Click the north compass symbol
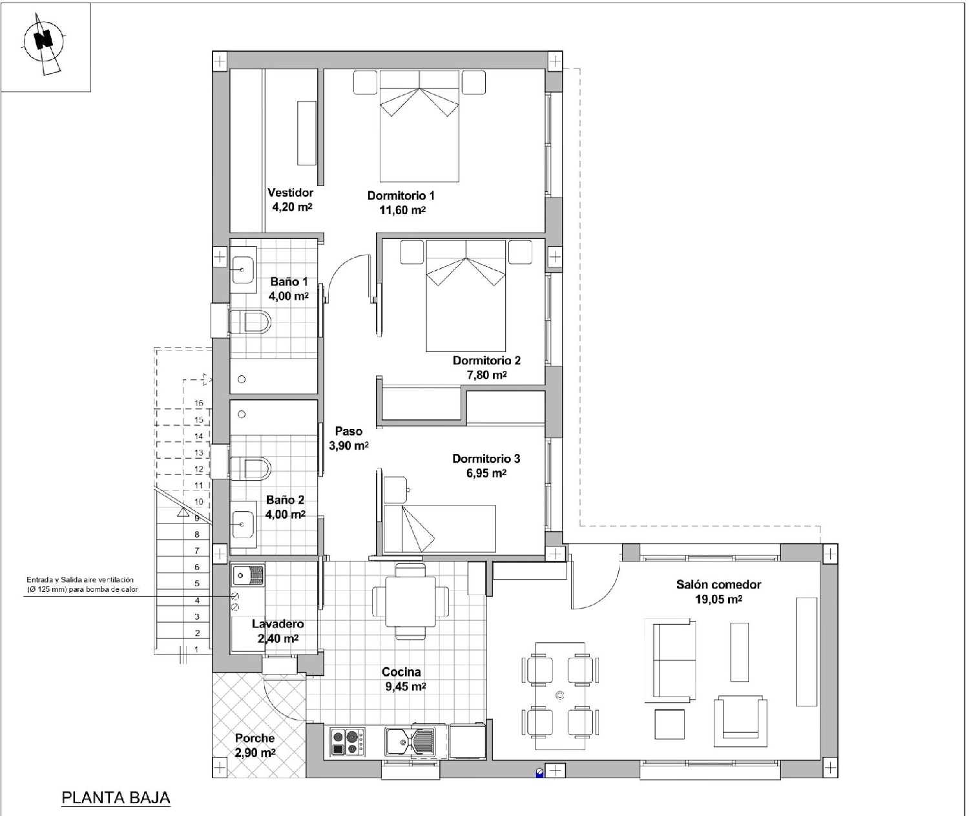44,42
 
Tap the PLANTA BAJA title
116,798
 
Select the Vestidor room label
291,192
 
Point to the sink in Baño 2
243,525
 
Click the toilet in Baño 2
251,467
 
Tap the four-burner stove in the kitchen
348,742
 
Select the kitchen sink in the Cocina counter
410,742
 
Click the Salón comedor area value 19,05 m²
718,599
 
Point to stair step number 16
198,403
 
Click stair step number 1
197,649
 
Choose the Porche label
255,738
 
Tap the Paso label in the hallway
349,431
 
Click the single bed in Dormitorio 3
439,528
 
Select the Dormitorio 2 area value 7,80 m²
486,375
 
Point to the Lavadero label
278,624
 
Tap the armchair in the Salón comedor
740,720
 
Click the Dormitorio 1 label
401,195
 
